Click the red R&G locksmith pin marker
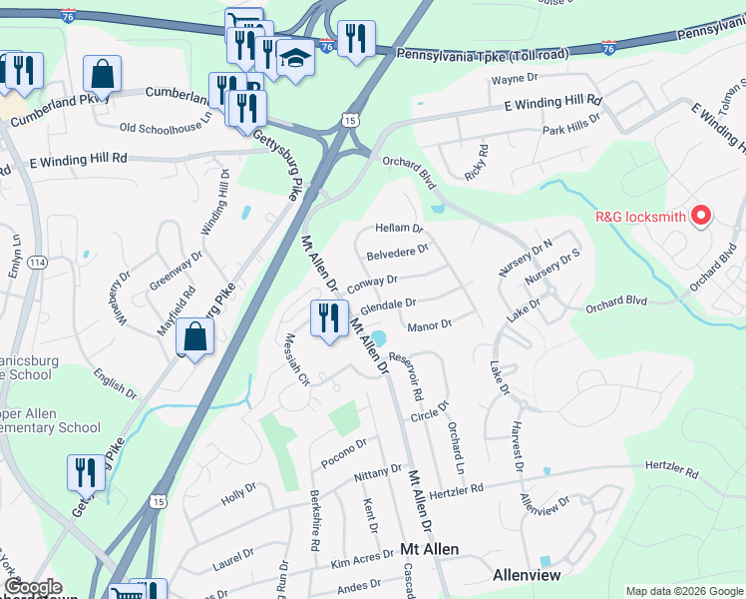(x=701, y=215)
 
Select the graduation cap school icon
(x=295, y=58)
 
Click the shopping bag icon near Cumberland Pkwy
(x=102, y=74)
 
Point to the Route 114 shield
(x=37, y=263)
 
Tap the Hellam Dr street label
(x=399, y=229)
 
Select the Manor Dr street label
(x=430, y=324)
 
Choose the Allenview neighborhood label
(x=527, y=576)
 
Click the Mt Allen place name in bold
(x=429, y=550)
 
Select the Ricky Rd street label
(x=483, y=164)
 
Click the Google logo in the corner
(x=34, y=588)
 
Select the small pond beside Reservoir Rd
(x=379, y=339)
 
